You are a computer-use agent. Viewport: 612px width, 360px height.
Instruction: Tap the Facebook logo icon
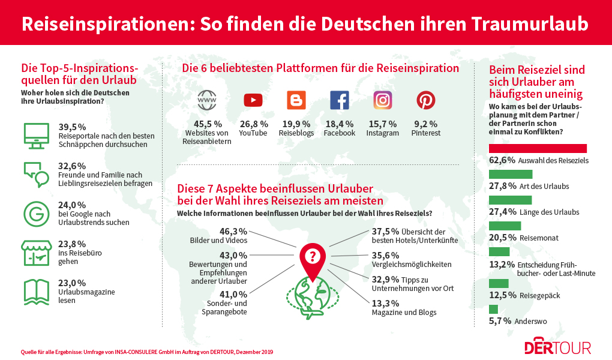pos(340,100)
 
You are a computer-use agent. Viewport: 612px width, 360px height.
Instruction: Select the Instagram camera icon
pos(383,100)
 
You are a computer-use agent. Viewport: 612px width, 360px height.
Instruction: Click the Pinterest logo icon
pos(426,100)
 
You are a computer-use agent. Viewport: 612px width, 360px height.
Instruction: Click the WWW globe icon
pos(208,100)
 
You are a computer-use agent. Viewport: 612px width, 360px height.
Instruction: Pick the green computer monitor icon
pos(35,135)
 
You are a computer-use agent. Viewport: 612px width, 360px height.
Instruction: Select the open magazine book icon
pos(35,291)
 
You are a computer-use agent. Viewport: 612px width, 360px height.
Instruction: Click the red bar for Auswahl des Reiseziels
pos(538,148)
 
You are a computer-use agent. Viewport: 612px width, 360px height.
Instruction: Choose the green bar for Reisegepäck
pos(499,283)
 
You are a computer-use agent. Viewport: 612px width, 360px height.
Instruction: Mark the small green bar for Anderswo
pos(494,310)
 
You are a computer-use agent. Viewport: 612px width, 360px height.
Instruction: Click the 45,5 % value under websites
pos(208,124)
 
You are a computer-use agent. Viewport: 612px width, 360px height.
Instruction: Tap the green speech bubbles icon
pos(35,173)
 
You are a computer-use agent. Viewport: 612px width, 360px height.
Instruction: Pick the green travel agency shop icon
pos(35,253)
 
